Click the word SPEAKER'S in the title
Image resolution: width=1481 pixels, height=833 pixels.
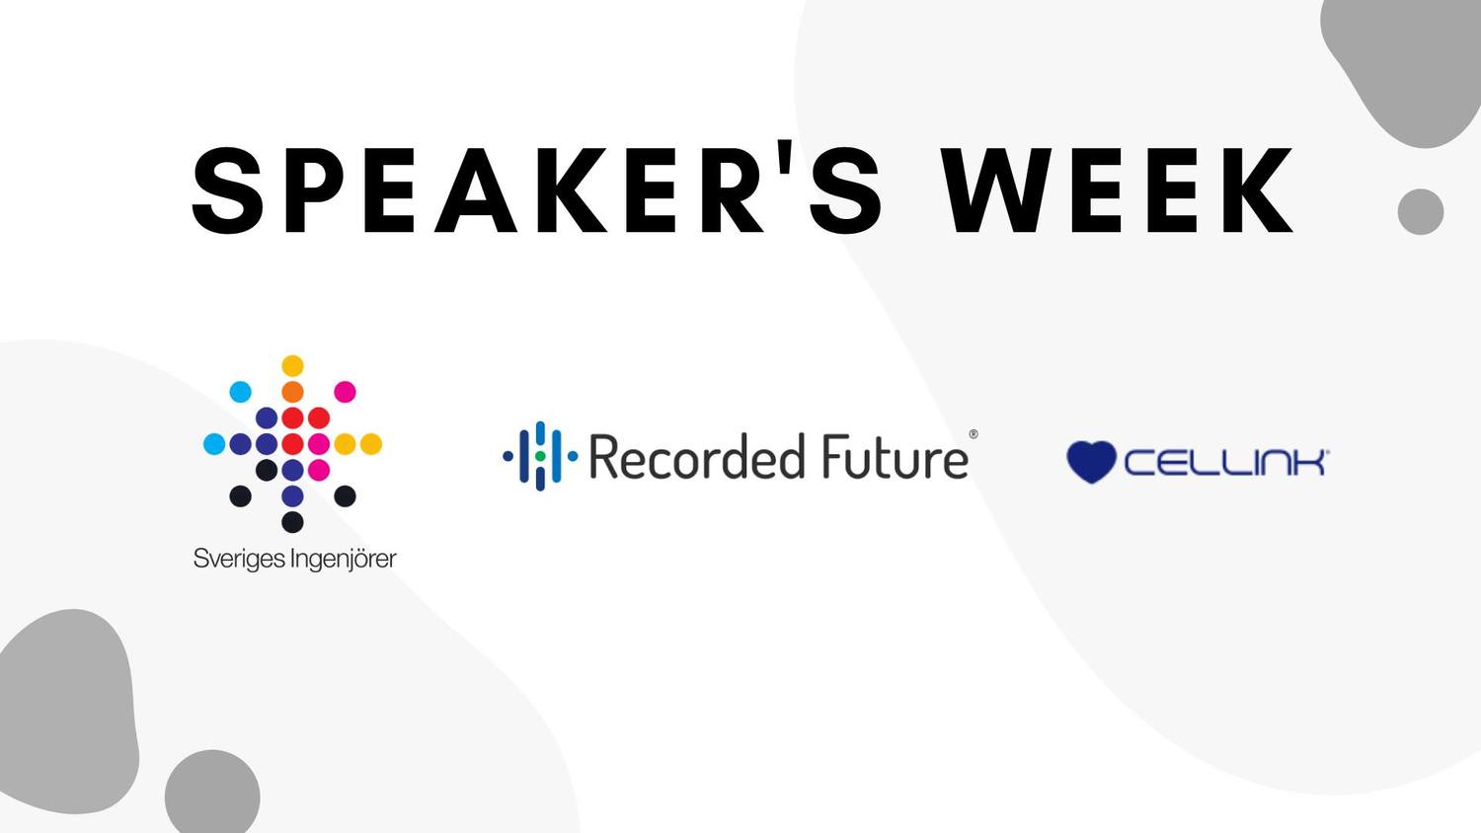536,189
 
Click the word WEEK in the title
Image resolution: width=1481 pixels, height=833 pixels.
1118,189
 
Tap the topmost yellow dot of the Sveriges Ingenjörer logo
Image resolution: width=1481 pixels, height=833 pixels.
292,365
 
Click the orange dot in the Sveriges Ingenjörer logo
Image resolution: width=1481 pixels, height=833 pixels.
292,392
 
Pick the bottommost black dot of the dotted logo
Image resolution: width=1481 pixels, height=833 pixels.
292,522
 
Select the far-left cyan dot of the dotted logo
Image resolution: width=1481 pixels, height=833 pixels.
214,443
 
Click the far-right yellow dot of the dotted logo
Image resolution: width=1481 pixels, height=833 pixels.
371,443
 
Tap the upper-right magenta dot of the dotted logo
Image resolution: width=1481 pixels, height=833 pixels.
345,392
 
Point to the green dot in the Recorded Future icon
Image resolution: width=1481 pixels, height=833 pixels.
540,456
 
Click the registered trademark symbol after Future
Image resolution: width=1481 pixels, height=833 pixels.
974,434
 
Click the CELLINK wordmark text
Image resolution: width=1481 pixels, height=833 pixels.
1226,462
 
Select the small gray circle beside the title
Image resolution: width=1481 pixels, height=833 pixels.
1421,211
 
